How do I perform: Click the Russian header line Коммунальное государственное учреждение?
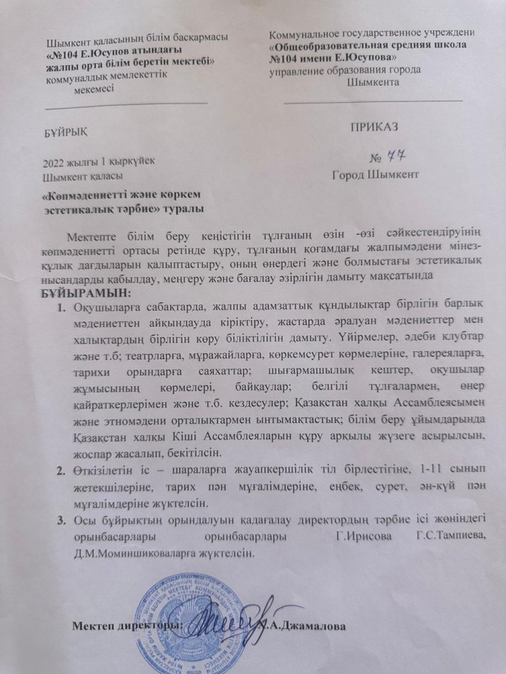click(373, 32)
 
